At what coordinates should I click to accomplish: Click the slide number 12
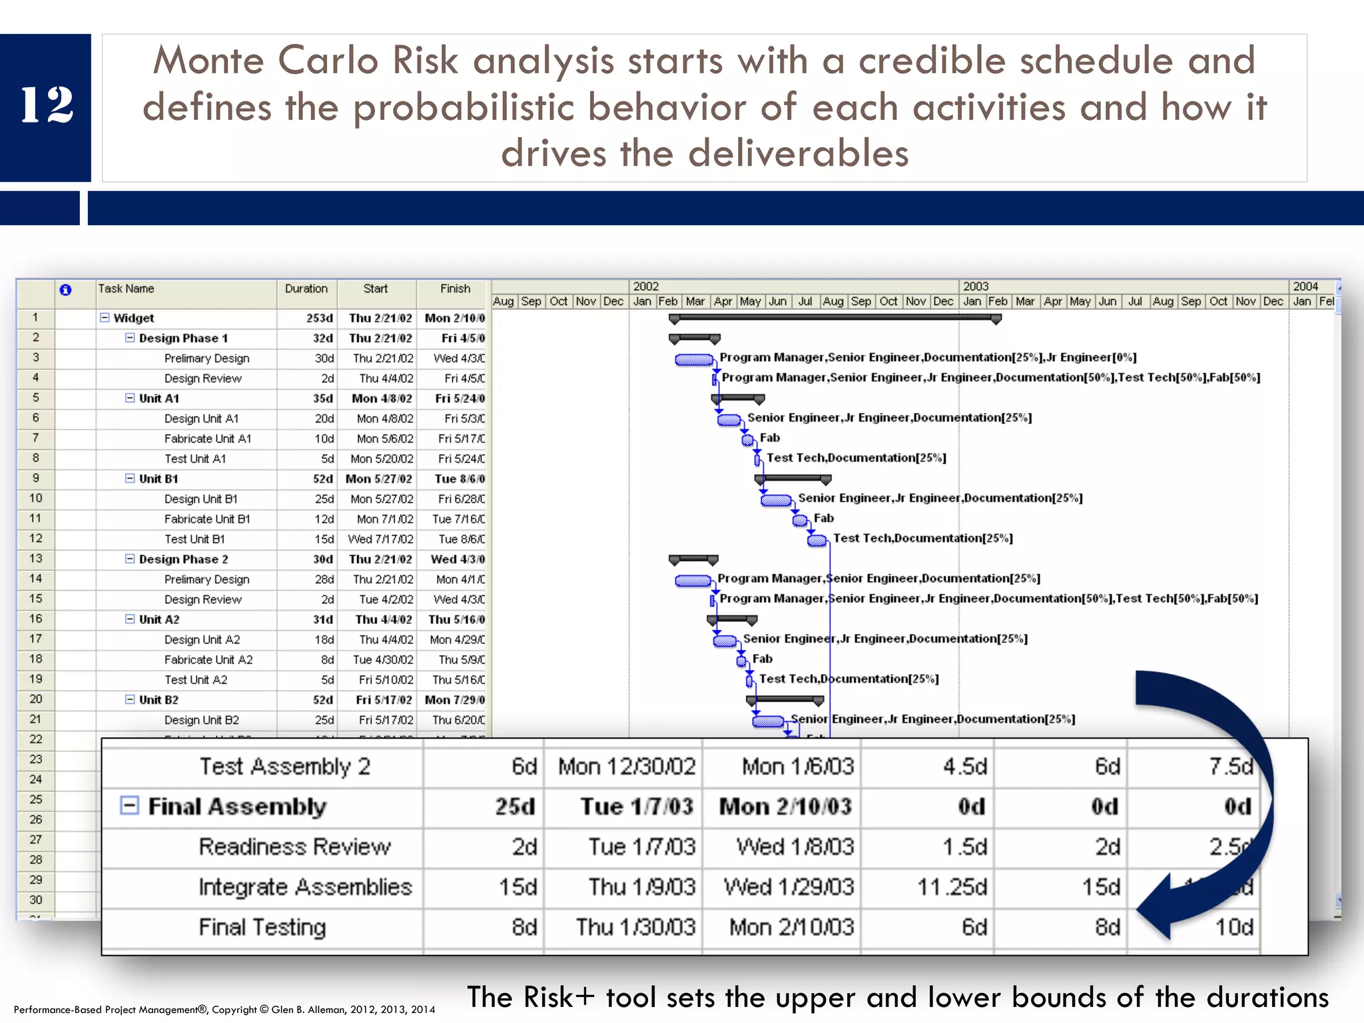[x=46, y=105]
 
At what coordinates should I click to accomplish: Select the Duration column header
[x=306, y=289]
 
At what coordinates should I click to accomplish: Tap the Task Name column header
[x=126, y=289]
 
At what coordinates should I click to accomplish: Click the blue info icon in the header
[x=65, y=290]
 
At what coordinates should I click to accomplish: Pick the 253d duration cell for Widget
[x=319, y=318]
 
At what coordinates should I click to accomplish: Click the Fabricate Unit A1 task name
[x=207, y=439]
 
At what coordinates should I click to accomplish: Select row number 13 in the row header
[x=35, y=559]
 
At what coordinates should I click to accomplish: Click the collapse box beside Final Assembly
[x=129, y=806]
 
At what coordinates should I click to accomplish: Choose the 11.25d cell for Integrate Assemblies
[x=952, y=887]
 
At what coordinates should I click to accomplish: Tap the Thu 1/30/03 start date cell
[x=635, y=927]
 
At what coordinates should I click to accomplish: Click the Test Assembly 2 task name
[x=284, y=767]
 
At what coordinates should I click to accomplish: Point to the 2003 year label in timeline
[x=975, y=286]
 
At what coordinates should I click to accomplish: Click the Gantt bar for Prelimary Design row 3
[x=693, y=360]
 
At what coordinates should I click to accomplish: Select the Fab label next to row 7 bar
[x=769, y=438]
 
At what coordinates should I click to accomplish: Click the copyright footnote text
[x=224, y=1010]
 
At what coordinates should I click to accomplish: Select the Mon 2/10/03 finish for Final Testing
[x=791, y=927]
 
